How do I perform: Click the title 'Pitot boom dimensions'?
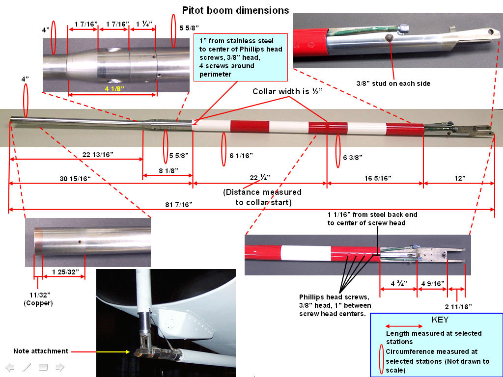[x=235, y=10]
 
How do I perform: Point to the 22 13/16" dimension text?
[x=97, y=155]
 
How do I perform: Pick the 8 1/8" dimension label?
[x=167, y=170]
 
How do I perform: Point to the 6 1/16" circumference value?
[x=241, y=156]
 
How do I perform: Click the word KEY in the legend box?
[x=440, y=319]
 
